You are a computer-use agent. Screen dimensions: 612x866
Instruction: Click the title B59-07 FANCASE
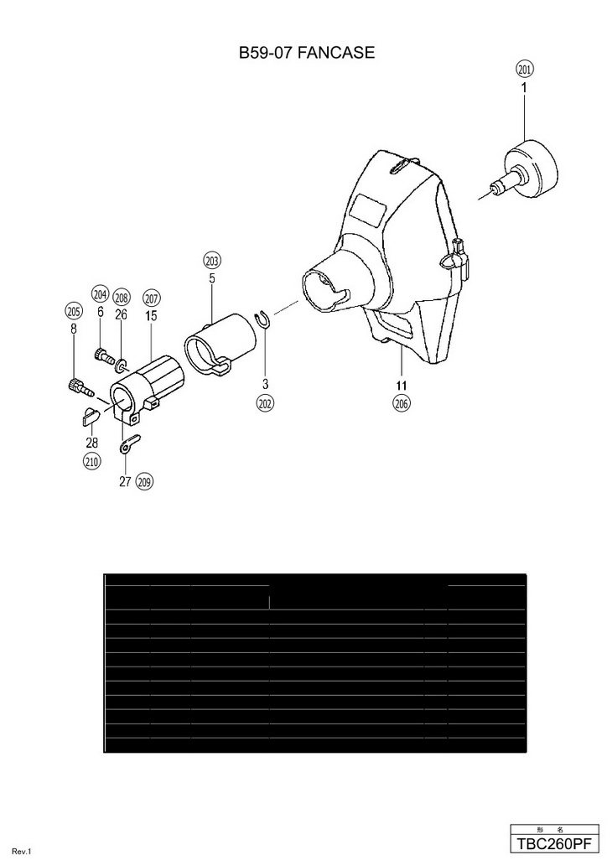point(306,52)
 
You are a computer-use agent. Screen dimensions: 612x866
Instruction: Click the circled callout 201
point(525,70)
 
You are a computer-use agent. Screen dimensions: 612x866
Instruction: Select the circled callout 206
point(401,403)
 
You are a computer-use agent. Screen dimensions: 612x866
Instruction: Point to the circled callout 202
point(265,403)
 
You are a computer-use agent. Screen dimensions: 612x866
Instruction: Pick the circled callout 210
point(91,460)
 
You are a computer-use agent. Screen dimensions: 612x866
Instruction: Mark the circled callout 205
point(74,310)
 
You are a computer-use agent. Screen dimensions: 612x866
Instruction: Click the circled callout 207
point(151,298)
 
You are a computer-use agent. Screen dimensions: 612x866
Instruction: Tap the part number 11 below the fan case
point(401,385)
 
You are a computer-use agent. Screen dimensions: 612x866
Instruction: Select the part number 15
point(151,316)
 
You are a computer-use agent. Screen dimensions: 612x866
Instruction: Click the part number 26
point(122,314)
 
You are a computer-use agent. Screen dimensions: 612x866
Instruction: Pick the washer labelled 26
point(122,365)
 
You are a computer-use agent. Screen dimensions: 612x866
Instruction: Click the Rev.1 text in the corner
point(21,853)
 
